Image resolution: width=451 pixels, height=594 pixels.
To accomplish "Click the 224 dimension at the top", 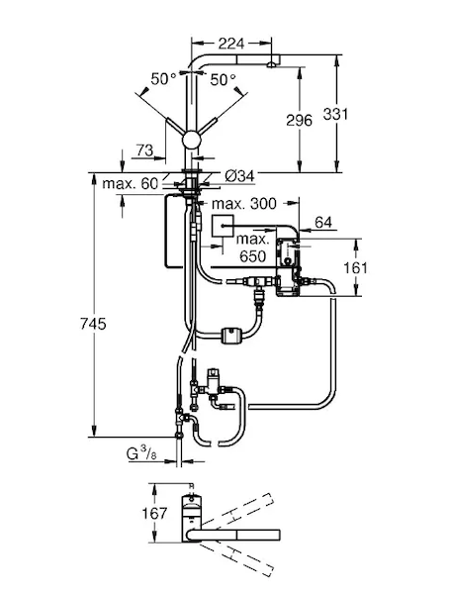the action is (231, 44).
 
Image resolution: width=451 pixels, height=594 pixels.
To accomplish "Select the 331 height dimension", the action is (335, 114).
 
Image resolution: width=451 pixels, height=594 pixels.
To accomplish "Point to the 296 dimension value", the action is (300, 120).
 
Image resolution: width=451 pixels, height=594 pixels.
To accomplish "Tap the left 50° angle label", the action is (163, 79).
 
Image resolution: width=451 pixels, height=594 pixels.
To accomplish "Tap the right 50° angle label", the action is (223, 79).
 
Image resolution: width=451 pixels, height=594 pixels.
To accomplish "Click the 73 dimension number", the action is (144, 150).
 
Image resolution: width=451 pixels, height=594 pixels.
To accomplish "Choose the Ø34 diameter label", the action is (239, 176).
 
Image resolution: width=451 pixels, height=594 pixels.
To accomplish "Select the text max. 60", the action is (131, 184).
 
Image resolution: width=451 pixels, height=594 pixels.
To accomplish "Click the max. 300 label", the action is (244, 204).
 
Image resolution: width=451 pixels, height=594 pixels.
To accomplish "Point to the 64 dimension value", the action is (323, 223).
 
